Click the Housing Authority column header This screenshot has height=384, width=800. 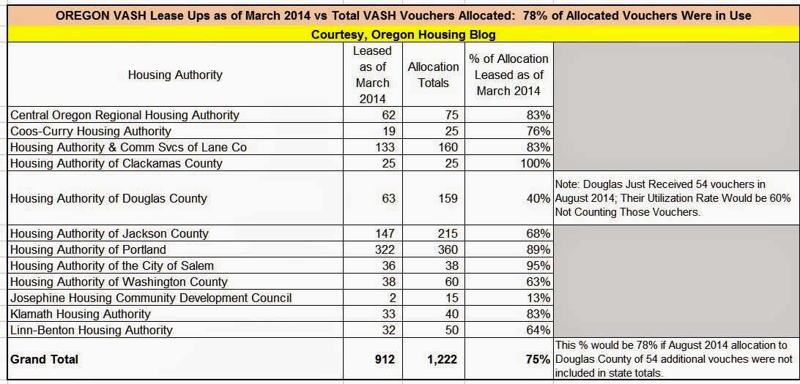(174, 75)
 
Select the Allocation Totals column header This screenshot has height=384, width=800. (434, 75)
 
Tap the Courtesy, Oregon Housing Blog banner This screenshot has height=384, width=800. (400, 34)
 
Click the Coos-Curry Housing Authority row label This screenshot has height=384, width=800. (91, 131)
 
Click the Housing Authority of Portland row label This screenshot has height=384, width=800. (88, 249)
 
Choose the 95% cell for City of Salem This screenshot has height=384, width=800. (538, 266)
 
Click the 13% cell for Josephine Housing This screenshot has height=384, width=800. (538, 298)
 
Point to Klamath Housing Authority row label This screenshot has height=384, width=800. (81, 314)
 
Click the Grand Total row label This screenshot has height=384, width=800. (44, 359)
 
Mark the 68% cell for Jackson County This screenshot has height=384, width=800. (538, 233)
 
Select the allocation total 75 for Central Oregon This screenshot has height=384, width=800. (451, 115)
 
